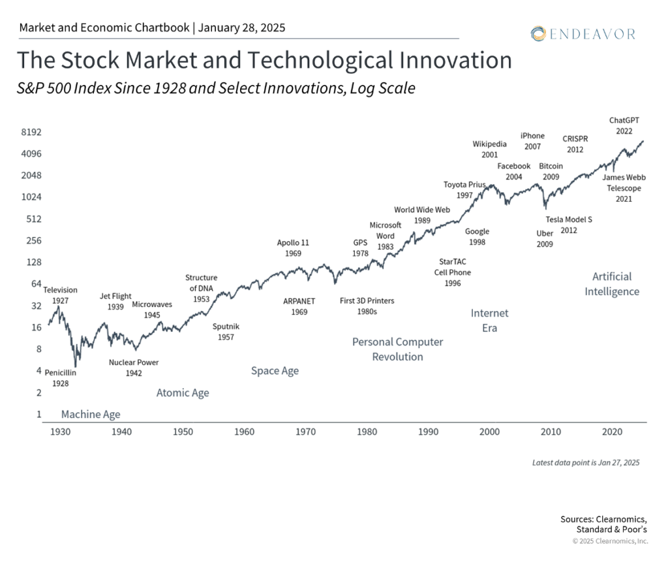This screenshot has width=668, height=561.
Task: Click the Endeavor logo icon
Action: pyautogui.click(x=538, y=33)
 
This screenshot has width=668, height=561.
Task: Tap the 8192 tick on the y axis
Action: pyautogui.click(x=31, y=132)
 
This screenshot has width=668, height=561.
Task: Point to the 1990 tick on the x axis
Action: pyautogui.click(x=428, y=432)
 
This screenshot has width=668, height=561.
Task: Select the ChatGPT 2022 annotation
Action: pyautogui.click(x=624, y=125)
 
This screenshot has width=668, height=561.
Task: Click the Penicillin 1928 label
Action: pyautogui.click(x=61, y=378)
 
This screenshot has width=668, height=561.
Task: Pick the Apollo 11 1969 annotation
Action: pyautogui.click(x=293, y=248)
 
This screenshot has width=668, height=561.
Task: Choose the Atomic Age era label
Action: pyautogui.click(x=183, y=393)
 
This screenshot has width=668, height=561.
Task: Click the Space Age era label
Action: pyautogui.click(x=275, y=371)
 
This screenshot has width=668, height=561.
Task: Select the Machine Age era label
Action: pyautogui.click(x=91, y=414)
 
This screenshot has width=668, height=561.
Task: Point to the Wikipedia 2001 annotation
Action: pyautogui.click(x=489, y=150)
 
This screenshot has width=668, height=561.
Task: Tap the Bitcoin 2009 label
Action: pyautogui.click(x=551, y=171)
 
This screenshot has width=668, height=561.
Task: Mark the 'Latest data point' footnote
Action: pyautogui.click(x=586, y=463)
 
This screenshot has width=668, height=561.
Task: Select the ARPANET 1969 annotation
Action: pyautogui.click(x=299, y=307)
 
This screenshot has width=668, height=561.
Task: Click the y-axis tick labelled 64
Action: pyautogui.click(x=36, y=284)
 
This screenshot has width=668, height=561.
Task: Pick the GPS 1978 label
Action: pyautogui.click(x=360, y=248)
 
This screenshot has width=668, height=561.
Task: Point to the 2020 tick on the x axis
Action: pyautogui.click(x=611, y=432)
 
